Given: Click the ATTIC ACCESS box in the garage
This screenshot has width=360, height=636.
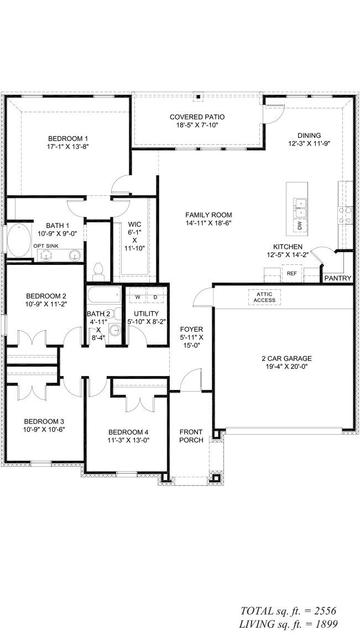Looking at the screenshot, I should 264,297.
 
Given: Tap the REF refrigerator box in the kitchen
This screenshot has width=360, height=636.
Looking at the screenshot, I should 291,273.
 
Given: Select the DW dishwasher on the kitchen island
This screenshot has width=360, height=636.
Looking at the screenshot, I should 299,226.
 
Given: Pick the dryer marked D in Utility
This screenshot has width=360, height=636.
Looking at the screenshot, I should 155,298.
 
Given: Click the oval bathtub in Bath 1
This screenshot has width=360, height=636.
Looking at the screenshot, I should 19,241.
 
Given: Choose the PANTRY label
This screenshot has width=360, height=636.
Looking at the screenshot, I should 337,278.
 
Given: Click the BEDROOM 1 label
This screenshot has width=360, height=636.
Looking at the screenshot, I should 68,138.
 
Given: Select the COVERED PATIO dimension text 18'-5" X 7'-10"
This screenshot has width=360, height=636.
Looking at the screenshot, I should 197,126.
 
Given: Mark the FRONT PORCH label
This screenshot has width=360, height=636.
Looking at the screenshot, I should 191,436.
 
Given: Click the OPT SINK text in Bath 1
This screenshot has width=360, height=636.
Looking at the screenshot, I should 46,246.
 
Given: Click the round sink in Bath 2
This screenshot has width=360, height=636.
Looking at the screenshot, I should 115,331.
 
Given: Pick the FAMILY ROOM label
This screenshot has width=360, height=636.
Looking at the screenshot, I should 208,215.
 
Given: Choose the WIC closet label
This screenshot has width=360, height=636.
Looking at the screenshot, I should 134,224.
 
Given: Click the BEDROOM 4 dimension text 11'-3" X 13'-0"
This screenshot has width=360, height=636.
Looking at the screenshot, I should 128,441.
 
